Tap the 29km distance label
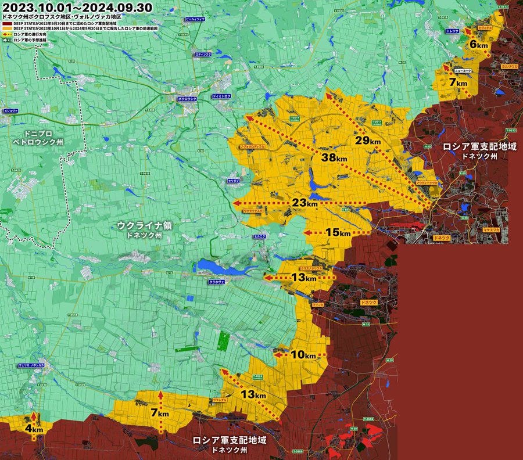pyautogui.click(x=368, y=141)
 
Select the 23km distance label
pyautogui.click(x=305, y=203)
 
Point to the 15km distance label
pyautogui.click(x=338, y=232)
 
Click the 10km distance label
pyautogui.click(x=303, y=354)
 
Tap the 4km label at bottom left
pyautogui.click(x=34, y=429)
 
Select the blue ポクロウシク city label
pyautogui.click(x=187, y=99)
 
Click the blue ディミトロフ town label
pyautogui.click(x=221, y=95)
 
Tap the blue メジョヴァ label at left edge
pyautogui.click(x=10, y=110)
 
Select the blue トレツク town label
pyautogui.click(x=452, y=30)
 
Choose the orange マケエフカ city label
pyautogui.click(x=492, y=229)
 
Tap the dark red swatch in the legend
pyautogui.click(x=7, y=24)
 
